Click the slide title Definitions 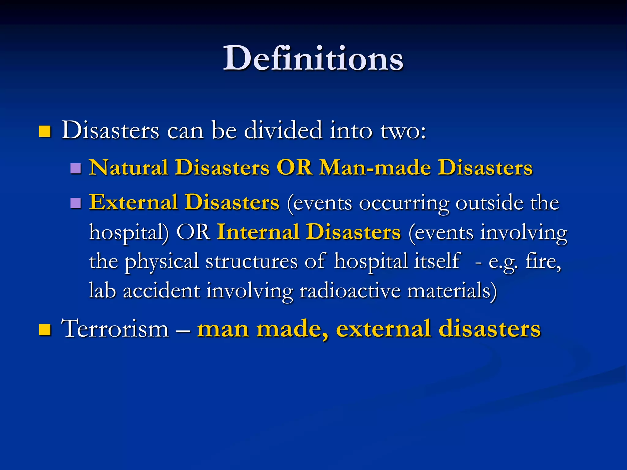pyautogui.click(x=313, y=58)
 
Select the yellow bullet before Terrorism pyautogui.click(x=45, y=330)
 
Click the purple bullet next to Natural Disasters pyautogui.click(x=75, y=168)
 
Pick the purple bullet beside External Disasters pyautogui.click(x=75, y=203)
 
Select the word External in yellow pyautogui.click(x=133, y=202)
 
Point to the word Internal pyautogui.click(x=258, y=232)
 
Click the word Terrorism pyautogui.click(x=115, y=329)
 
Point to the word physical pyautogui.click(x=162, y=262)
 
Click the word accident pyautogui.click(x=161, y=290)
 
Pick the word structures pyautogui.click(x=251, y=262)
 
